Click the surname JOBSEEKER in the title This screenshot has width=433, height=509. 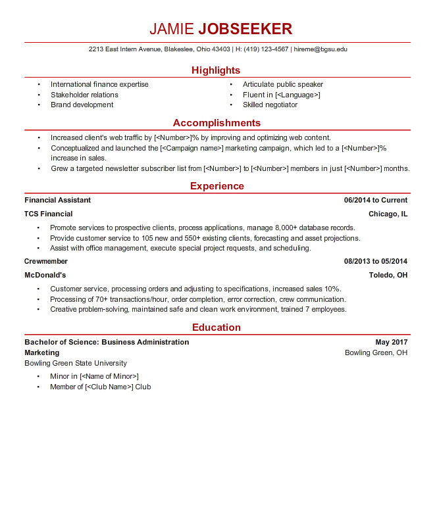245,29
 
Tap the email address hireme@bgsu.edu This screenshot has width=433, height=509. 320,49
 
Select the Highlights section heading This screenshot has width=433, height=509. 216,70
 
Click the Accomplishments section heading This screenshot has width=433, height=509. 216,123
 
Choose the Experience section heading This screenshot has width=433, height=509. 216,186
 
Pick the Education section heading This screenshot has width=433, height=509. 216,327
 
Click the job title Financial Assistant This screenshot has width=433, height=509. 58,200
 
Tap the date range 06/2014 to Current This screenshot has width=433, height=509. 375,200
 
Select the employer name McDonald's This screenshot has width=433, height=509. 45,275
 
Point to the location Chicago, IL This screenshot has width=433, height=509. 388,214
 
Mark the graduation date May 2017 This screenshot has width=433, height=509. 391,342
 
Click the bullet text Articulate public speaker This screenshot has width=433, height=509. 283,84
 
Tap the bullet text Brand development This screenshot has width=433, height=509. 82,105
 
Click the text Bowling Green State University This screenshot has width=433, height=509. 76,363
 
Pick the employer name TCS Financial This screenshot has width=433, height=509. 49,214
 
